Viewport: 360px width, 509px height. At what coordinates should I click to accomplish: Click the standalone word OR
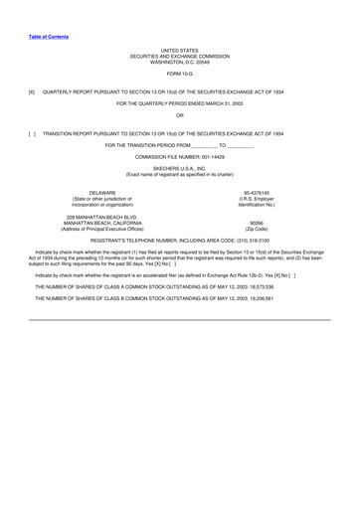click(x=179, y=117)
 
